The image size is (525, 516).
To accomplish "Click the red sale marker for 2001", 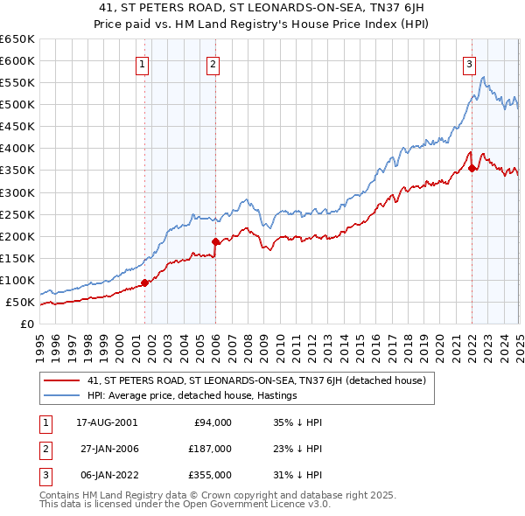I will pyautogui.click(x=145, y=282).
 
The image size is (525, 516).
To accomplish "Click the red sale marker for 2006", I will pyautogui.click(x=215, y=241).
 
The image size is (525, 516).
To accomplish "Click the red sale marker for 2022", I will pyautogui.click(x=472, y=168).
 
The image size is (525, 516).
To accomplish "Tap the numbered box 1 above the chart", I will pyautogui.click(x=142, y=63).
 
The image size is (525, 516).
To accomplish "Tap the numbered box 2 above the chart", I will pyautogui.click(x=213, y=63).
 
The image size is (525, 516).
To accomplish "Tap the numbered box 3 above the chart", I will pyautogui.click(x=469, y=63).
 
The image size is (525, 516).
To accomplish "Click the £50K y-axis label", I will pyautogui.click(x=20, y=303).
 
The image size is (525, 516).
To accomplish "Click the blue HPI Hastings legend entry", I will pyautogui.click(x=192, y=396).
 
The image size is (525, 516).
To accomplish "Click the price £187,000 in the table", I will pyautogui.click(x=210, y=448).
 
